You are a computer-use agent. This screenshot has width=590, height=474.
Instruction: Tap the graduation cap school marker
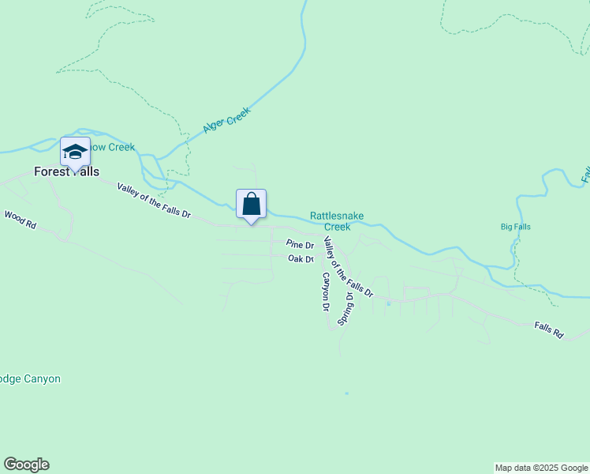pyautogui.click(x=75, y=152)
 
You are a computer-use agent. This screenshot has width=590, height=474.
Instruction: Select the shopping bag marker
pyautogui.click(x=251, y=205)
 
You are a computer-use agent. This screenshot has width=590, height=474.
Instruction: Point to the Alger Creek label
pyautogui.click(x=226, y=120)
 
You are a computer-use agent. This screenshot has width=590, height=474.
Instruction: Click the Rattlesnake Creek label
pyautogui.click(x=335, y=220)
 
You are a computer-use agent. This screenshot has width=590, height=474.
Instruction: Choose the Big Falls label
pyautogui.click(x=515, y=227)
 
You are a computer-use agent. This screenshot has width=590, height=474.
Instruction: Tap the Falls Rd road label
pyautogui.click(x=548, y=330)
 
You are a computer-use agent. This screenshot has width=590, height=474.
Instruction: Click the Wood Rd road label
pyautogui.click(x=21, y=219)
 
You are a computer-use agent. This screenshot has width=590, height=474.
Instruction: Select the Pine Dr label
pyautogui.click(x=300, y=245)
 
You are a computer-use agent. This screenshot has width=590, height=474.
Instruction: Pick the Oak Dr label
pyautogui.click(x=301, y=258)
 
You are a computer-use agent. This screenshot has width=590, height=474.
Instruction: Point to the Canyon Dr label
pyautogui.click(x=325, y=292)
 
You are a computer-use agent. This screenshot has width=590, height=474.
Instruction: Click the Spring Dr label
pyautogui.click(x=345, y=308)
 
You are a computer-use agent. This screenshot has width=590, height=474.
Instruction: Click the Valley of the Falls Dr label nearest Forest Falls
pyautogui.click(x=154, y=201)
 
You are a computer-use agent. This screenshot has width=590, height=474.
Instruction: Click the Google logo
pyautogui.click(x=26, y=465)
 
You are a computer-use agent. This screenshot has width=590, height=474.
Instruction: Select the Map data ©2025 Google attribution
pyautogui.click(x=541, y=468)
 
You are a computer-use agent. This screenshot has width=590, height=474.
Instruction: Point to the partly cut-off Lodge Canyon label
pyautogui.click(x=30, y=378)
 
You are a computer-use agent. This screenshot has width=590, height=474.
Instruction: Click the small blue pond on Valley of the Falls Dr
pyautogui.click(x=388, y=303)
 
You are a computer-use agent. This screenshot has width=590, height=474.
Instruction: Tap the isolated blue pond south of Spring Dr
pyautogui.click(x=346, y=393)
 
